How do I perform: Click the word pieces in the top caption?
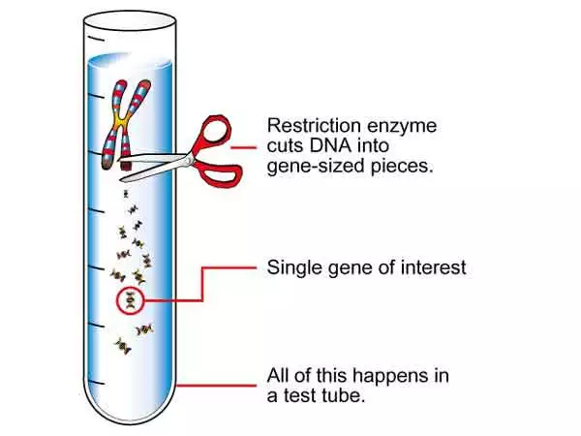pyautogui.click(x=399, y=166)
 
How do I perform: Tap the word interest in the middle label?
pyautogui.click(x=433, y=267)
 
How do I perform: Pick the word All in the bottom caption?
pyautogui.click(x=279, y=375)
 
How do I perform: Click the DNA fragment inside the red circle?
pyautogui.click(x=128, y=300)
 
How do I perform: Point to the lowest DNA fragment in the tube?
pyautogui.click(x=121, y=345)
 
